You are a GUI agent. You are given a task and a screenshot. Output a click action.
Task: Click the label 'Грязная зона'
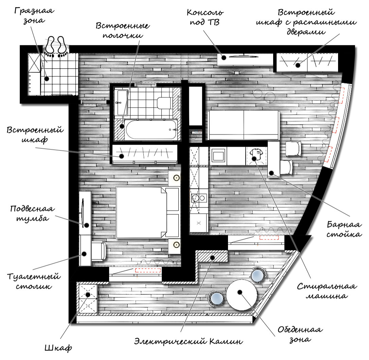[34, 16]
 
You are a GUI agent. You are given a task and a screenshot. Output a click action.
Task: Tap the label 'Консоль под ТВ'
[205, 18]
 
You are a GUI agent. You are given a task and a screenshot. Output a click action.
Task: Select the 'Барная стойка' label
[344, 229]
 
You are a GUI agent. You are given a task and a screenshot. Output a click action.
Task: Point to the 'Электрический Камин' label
[189, 340]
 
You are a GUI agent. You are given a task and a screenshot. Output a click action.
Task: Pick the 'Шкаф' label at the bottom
[58, 348]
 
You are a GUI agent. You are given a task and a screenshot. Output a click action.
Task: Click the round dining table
[241, 295]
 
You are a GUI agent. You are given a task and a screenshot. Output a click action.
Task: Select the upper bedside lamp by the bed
[176, 178]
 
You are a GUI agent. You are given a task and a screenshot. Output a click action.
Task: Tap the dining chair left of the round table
[216, 299]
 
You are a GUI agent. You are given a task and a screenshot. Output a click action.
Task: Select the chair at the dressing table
[99, 251]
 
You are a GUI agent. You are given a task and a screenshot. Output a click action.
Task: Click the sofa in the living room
[243, 125]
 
